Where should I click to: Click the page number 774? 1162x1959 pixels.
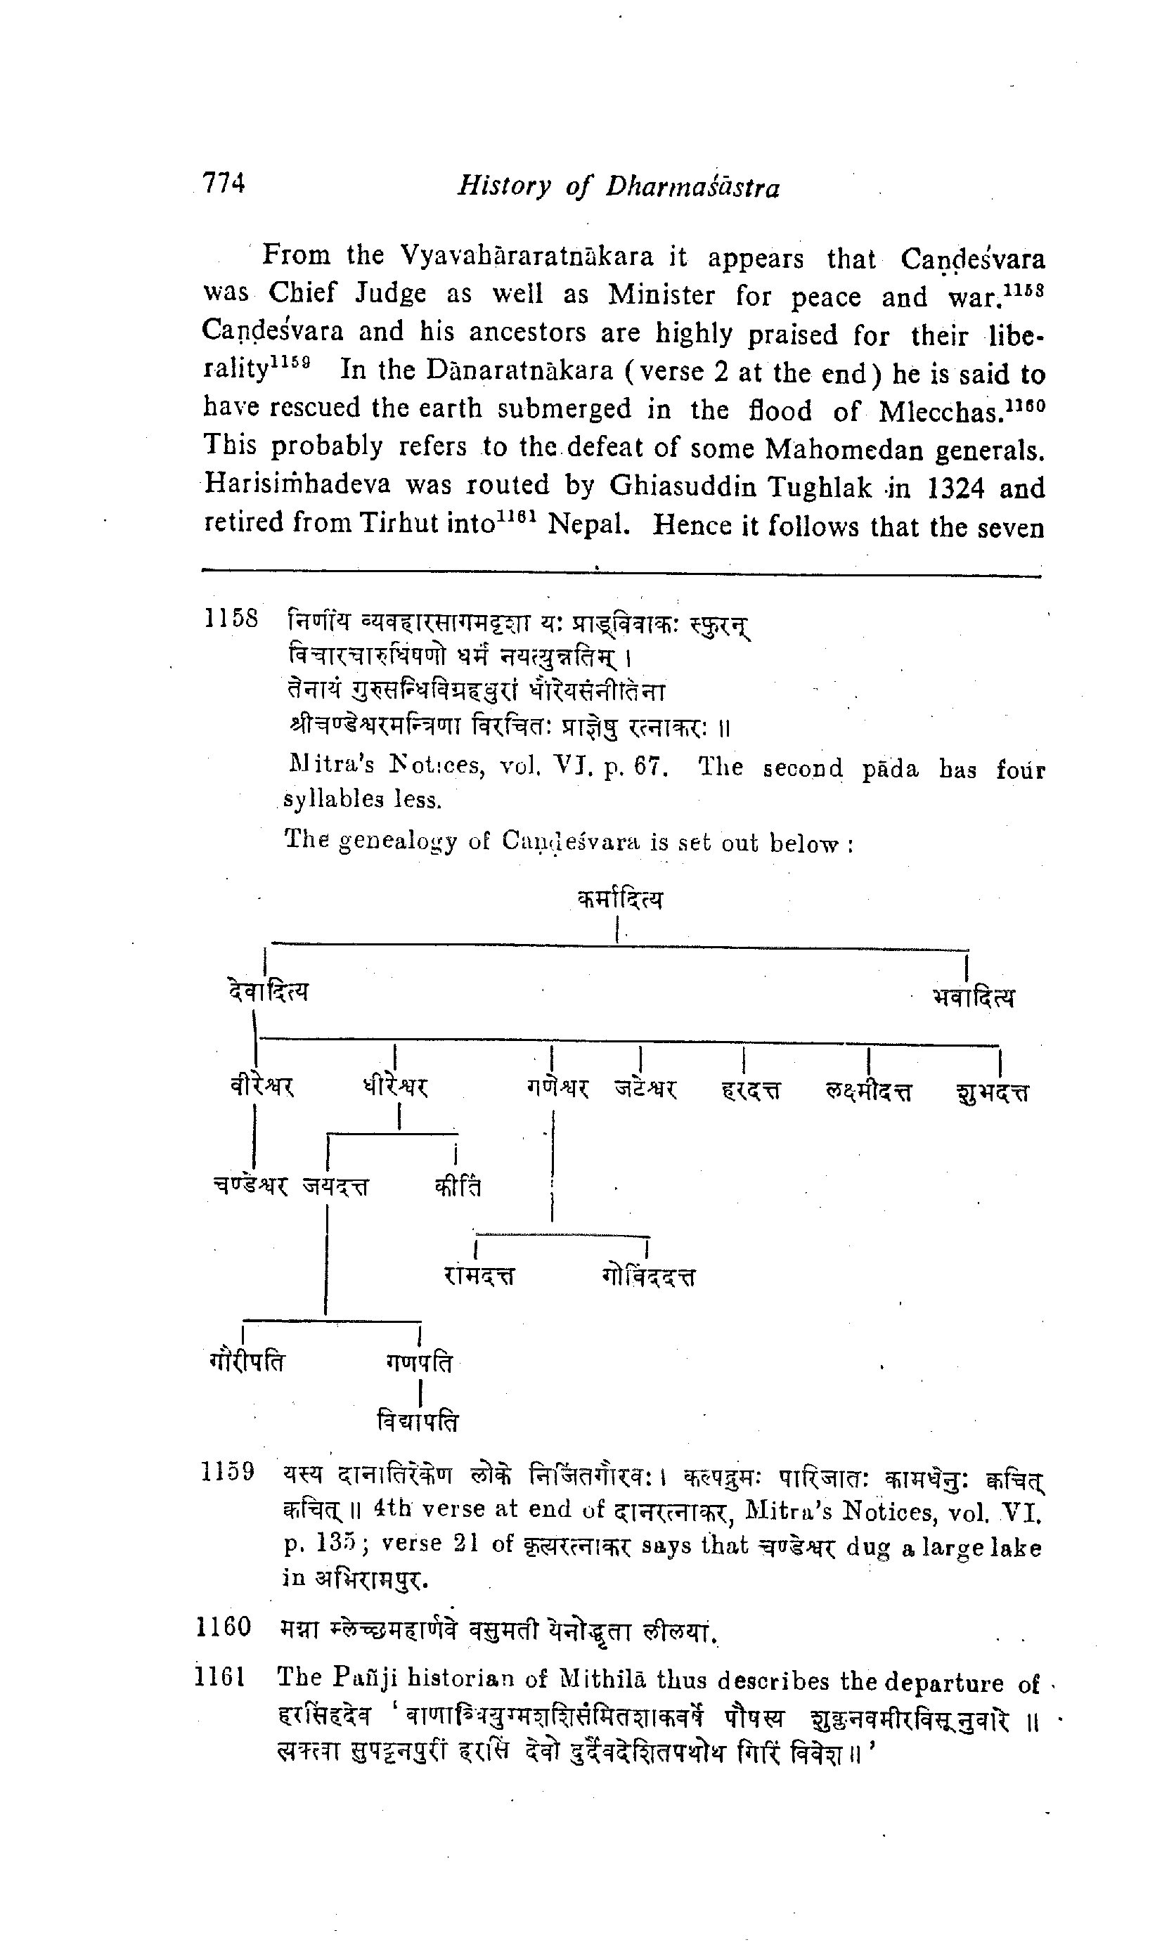[x=224, y=183]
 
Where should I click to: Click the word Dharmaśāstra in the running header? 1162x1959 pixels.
[x=693, y=187]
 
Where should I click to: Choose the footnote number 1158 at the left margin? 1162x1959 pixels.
[x=231, y=619]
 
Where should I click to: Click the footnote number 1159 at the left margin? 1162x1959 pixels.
[x=227, y=1472]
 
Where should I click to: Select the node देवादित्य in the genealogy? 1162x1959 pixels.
[x=266, y=992]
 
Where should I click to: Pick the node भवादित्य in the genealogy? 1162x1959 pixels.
[x=974, y=997]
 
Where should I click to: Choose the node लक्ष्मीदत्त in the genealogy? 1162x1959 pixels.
[x=869, y=1091]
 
